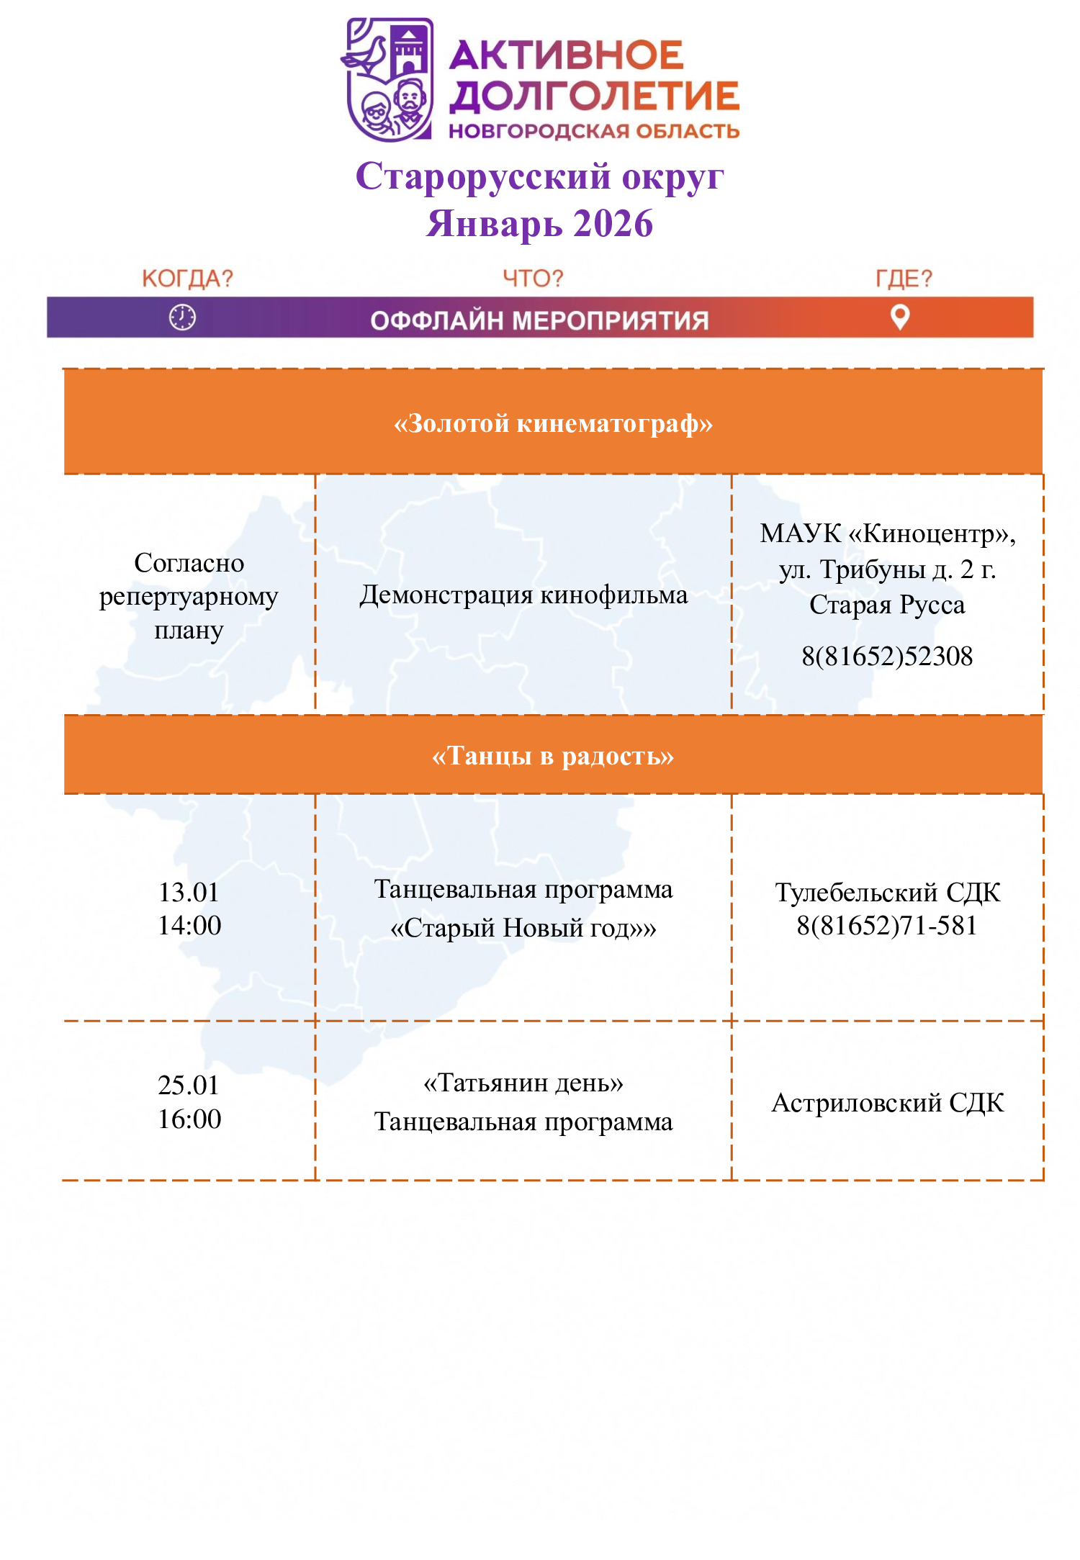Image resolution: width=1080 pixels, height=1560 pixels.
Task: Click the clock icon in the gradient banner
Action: click(182, 317)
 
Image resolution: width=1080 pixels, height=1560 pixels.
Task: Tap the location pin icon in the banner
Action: click(900, 317)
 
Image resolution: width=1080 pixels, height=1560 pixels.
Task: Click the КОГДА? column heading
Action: click(187, 279)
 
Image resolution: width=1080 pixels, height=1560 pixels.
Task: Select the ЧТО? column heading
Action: click(533, 279)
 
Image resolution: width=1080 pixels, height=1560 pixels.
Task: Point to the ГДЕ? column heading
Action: click(904, 279)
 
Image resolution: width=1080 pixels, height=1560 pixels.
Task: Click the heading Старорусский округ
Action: click(539, 177)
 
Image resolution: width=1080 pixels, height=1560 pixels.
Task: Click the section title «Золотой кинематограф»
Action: click(553, 423)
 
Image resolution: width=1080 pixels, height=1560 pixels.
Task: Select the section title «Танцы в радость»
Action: click(553, 756)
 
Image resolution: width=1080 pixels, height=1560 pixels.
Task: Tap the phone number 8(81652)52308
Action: click(887, 657)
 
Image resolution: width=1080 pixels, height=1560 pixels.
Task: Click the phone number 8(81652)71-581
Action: click(887, 926)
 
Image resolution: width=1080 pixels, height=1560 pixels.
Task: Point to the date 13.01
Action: click(189, 893)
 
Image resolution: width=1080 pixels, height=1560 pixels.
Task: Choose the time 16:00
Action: click(189, 1119)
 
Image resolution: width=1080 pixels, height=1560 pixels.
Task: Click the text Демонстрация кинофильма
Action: click(523, 595)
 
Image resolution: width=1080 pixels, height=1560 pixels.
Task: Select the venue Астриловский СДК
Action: click(887, 1103)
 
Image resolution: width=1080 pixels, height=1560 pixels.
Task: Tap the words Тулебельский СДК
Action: click(887, 893)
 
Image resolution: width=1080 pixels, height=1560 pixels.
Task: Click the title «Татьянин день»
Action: click(523, 1083)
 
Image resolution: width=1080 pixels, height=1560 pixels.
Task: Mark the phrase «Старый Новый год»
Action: click(523, 929)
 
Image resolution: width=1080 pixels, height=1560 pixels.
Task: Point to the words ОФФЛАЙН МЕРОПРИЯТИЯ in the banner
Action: click(539, 320)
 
